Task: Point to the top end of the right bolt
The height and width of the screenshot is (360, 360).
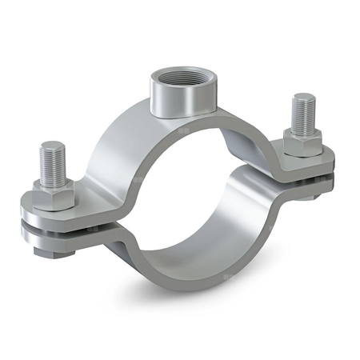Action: pyautogui.click(x=302, y=98)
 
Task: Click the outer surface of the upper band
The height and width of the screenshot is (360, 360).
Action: pyautogui.click(x=120, y=152)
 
